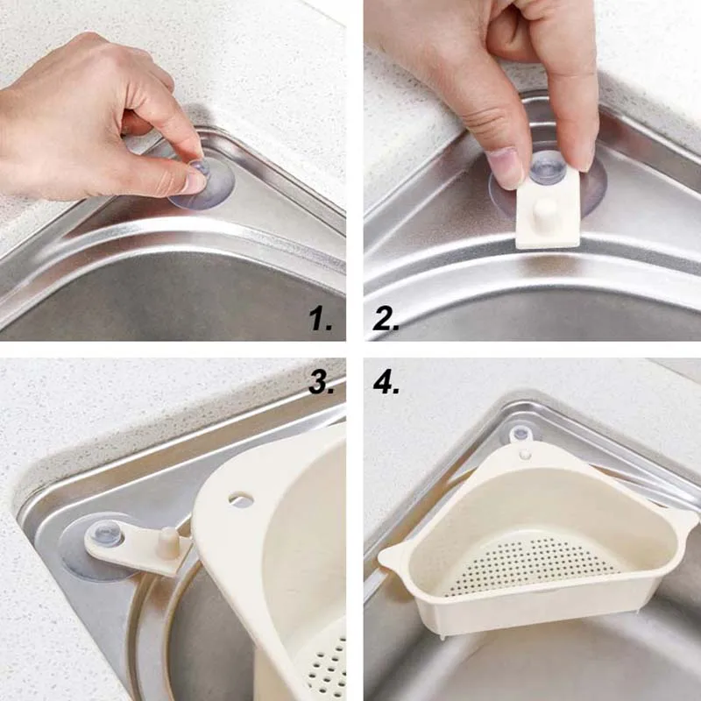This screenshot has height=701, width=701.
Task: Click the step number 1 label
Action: pos(320,320)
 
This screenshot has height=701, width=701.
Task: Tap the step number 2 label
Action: pos(386,319)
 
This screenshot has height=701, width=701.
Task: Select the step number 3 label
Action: pos(321,383)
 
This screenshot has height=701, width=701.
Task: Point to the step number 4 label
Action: pos(386,383)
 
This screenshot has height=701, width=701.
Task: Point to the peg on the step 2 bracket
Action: pos(546,211)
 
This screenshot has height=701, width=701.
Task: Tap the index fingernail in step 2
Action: pos(503,166)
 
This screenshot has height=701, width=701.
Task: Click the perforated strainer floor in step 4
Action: pos(532,565)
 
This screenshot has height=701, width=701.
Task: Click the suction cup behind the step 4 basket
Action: pos(520,434)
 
